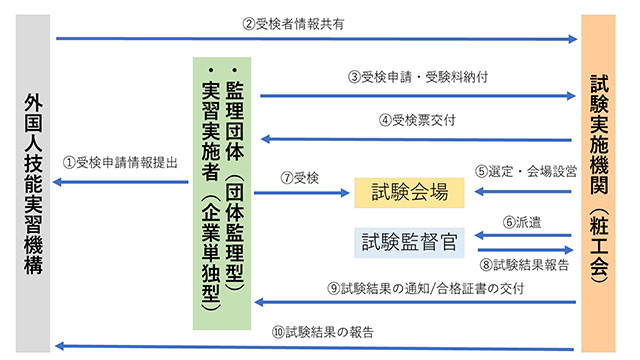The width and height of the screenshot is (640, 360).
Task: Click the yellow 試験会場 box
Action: click(x=411, y=191)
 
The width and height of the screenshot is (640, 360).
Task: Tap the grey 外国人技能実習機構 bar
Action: click(x=34, y=180)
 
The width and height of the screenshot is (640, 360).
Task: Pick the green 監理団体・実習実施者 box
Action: click(x=221, y=194)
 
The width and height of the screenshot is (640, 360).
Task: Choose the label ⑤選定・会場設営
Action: click(x=525, y=170)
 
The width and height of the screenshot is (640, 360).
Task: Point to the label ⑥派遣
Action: click(x=522, y=222)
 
